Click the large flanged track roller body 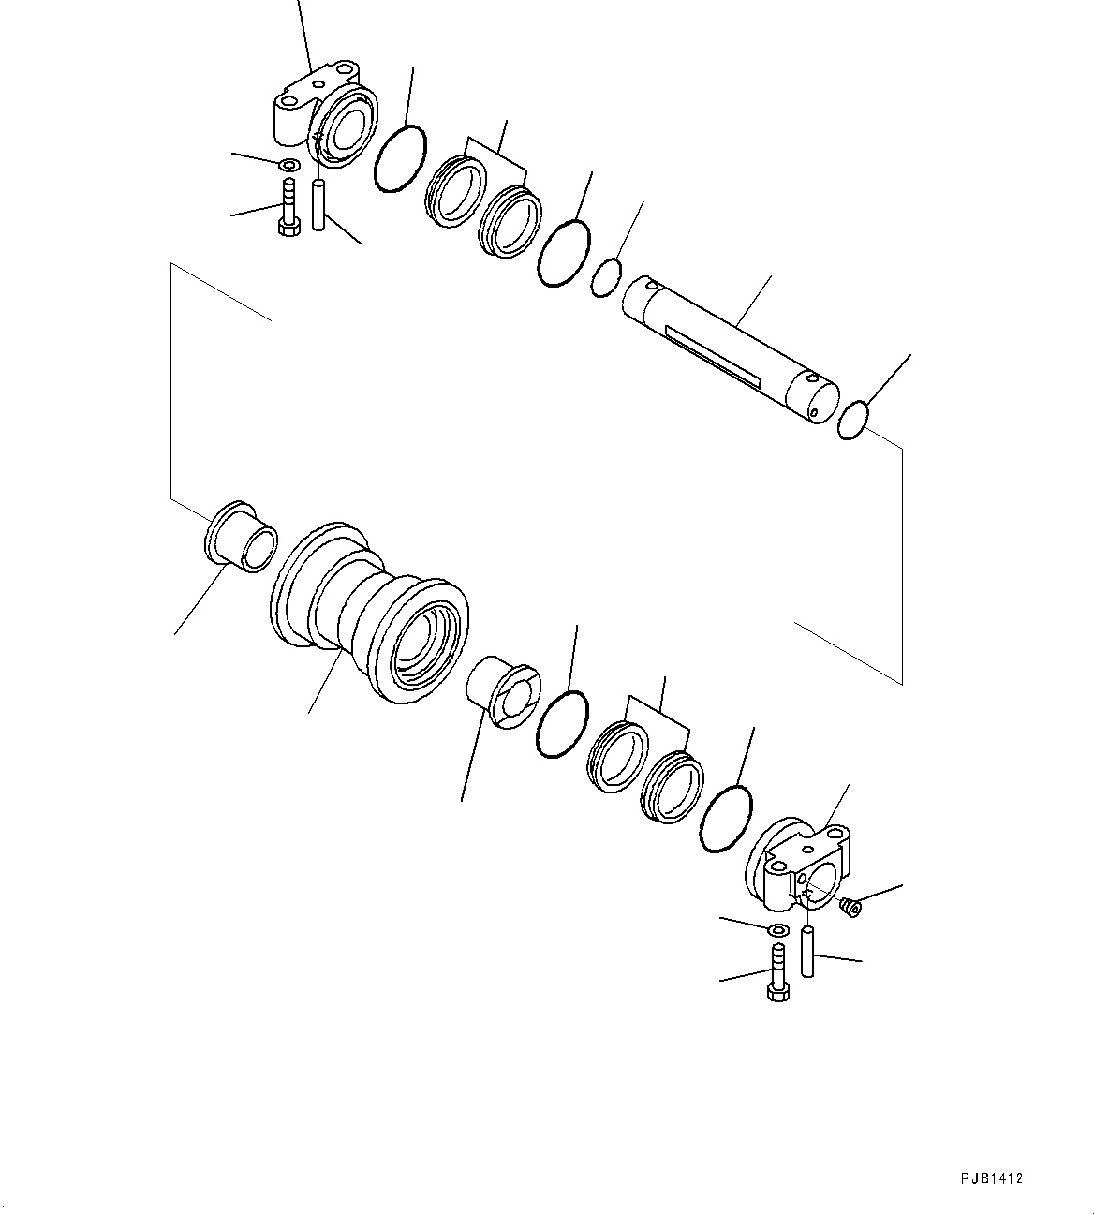[x=370, y=614]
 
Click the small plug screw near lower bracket [x=850, y=907]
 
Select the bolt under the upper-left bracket [x=288, y=212]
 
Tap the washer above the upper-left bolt [x=289, y=167]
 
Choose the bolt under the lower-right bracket [x=776, y=975]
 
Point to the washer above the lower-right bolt [x=776, y=930]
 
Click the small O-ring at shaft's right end [x=852, y=419]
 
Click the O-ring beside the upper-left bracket [x=400, y=158]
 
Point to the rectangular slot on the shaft [x=713, y=353]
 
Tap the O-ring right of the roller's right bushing [x=562, y=724]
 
